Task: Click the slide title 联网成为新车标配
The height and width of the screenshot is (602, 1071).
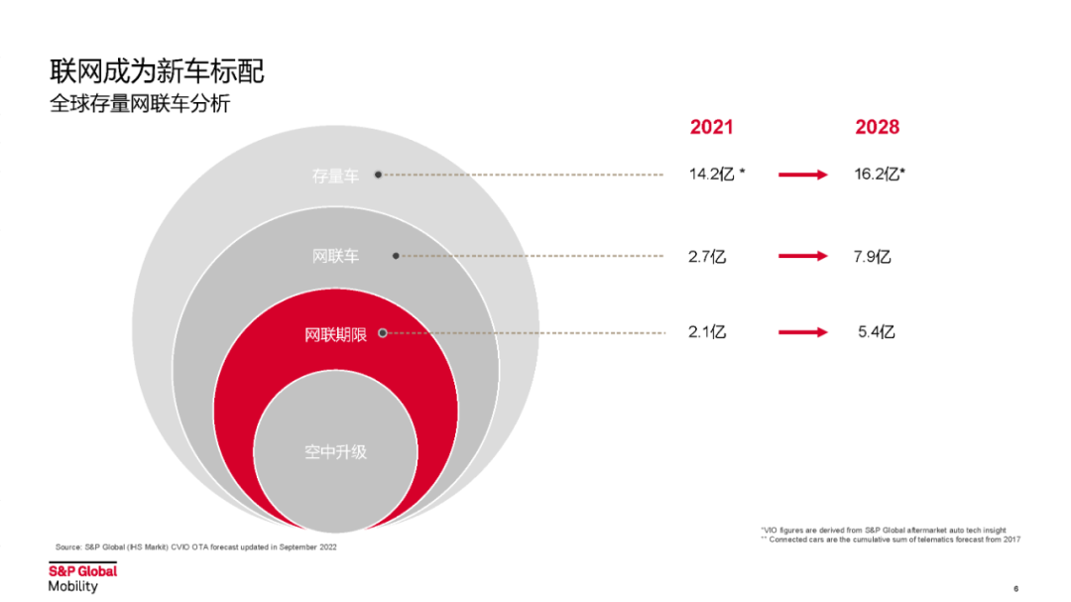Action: [157, 71]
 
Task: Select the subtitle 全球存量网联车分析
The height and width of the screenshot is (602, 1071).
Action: [140, 104]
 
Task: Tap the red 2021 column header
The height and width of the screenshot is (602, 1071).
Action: [711, 127]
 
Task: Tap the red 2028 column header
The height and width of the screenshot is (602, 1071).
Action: [877, 127]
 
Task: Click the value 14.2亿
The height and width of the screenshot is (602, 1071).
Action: [712, 175]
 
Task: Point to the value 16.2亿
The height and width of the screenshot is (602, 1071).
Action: [877, 175]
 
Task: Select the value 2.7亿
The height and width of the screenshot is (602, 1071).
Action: [707, 257]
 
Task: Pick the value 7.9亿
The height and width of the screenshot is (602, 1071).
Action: [873, 257]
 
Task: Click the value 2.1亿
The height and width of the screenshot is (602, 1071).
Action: [707, 332]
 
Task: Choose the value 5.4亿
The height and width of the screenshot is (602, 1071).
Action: [877, 332]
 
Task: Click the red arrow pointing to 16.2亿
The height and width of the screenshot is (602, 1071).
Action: [803, 175]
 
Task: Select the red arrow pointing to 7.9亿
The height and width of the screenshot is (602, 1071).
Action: [803, 256]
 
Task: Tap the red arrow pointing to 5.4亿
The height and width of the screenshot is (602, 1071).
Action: [803, 332]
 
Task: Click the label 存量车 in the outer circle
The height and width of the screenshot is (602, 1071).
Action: [335, 177]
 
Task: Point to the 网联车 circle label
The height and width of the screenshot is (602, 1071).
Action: [335, 256]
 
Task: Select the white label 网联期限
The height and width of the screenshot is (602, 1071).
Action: [335, 335]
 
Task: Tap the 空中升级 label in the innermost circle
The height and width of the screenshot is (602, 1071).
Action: [335, 452]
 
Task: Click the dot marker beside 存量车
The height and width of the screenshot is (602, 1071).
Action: [378, 175]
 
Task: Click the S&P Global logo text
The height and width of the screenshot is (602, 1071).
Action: [82, 571]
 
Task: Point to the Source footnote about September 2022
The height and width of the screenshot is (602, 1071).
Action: [196, 546]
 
